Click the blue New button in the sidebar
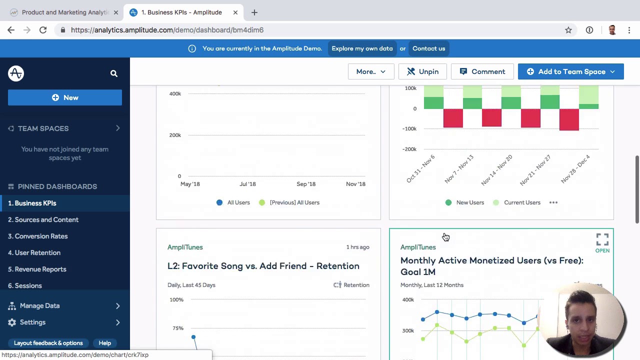[x=65, y=97]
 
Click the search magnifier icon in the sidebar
[x=113, y=73]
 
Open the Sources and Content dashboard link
[x=46, y=219]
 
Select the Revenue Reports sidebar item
[x=40, y=269]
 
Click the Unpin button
[x=422, y=71]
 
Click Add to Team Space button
[x=570, y=71]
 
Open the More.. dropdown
[x=370, y=71]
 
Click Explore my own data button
[x=362, y=48]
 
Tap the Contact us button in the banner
[x=428, y=48]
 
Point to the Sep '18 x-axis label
[x=306, y=184]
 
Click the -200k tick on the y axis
[x=410, y=149]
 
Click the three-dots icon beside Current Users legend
[x=553, y=202]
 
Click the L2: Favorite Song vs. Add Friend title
[x=263, y=266]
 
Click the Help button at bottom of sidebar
[x=104, y=343]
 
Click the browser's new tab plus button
[x=254, y=12]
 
